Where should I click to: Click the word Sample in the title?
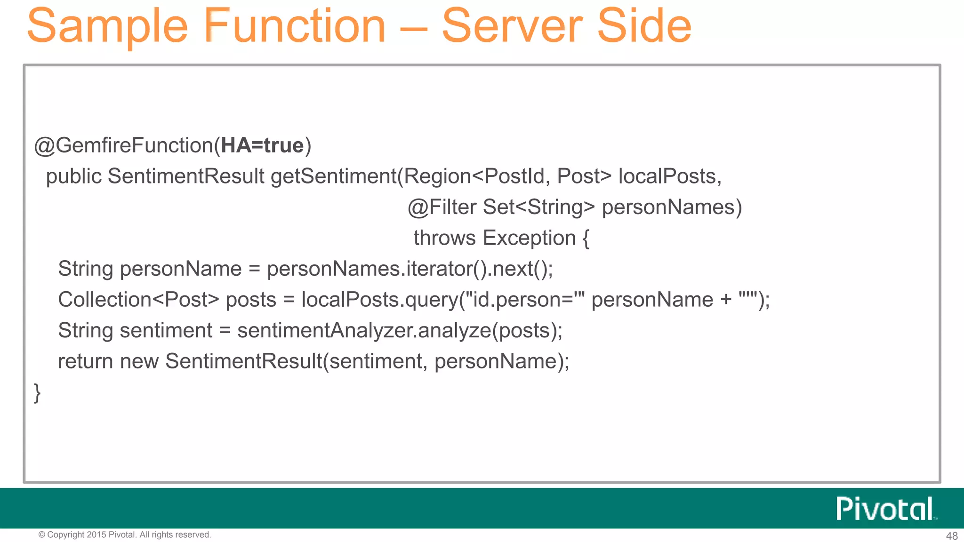[107, 26]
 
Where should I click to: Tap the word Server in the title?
[512, 26]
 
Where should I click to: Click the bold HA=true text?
[262, 146]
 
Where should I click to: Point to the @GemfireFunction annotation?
[123, 146]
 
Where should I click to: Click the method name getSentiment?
[333, 176]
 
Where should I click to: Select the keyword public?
[74, 177]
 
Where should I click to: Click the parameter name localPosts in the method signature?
[667, 176]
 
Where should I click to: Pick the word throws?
[444, 238]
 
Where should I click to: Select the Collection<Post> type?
[138, 300]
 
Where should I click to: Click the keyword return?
[85, 361]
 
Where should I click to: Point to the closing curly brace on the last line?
[37, 393]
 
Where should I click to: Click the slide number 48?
[952, 536]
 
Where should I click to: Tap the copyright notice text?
[125, 535]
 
